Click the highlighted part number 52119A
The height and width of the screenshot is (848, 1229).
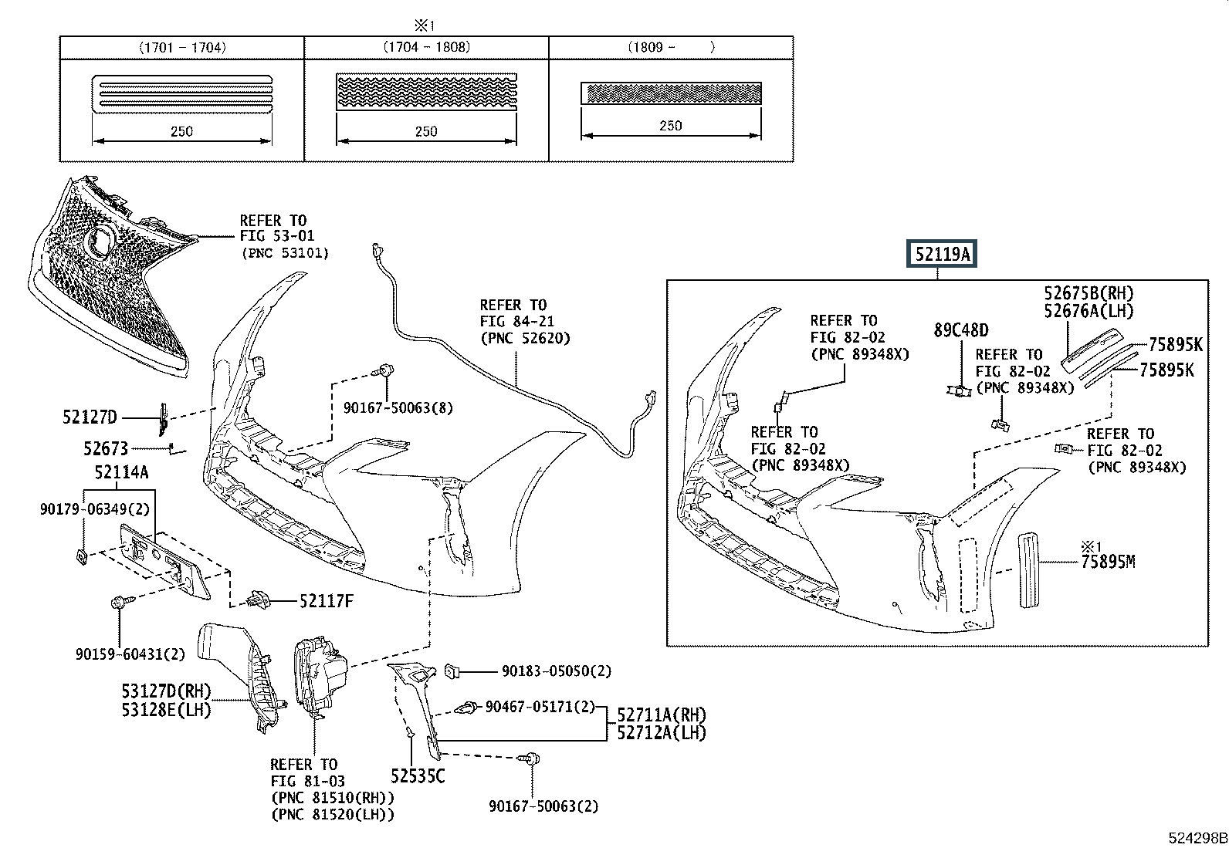(x=942, y=253)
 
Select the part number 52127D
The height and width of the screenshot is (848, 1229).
(x=90, y=417)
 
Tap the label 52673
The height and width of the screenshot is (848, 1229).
(x=106, y=448)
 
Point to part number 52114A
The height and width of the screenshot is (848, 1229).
(x=116, y=472)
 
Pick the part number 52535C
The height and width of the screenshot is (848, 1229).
(x=417, y=776)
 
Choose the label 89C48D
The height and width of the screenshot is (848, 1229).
(x=960, y=330)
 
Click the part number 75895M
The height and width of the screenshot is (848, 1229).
(x=1108, y=562)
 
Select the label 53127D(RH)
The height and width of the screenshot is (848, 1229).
(x=166, y=691)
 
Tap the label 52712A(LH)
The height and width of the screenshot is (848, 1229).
(x=662, y=732)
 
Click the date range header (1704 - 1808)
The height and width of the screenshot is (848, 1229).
(x=426, y=47)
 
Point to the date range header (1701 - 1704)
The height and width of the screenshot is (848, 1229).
(x=182, y=47)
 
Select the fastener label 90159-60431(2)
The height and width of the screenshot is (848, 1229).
(x=130, y=654)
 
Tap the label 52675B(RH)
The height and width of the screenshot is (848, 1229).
(x=1088, y=293)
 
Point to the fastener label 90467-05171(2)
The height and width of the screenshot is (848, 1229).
(x=540, y=706)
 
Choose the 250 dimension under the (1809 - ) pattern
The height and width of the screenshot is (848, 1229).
(x=670, y=126)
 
